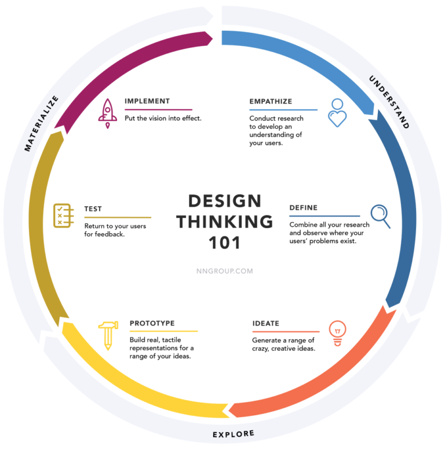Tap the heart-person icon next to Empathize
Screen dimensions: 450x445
337,113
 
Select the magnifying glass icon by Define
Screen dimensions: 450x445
381,216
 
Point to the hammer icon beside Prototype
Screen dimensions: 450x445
107,335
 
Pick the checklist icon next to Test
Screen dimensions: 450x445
63,215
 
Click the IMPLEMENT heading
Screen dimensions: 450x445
147,101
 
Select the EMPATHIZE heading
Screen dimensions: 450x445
271,101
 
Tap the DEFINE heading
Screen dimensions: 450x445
304,207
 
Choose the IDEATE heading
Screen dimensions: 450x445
266,323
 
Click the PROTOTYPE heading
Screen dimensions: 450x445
152,323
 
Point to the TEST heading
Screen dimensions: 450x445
93,208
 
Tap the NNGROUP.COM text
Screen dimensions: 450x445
225,270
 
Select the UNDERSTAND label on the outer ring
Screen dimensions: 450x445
389,101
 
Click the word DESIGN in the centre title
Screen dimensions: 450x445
225,201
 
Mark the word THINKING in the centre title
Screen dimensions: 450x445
225,222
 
